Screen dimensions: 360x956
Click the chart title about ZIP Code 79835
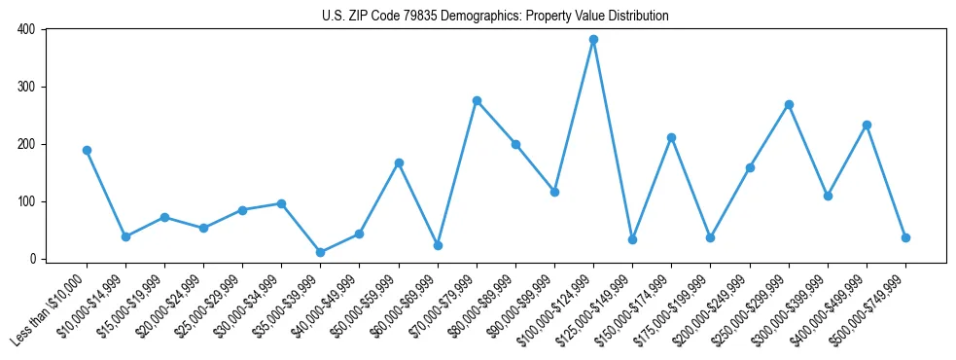click(495, 16)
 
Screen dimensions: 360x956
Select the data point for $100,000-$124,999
click(593, 40)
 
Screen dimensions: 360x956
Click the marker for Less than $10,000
click(87, 150)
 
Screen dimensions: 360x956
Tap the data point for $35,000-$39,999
click(320, 252)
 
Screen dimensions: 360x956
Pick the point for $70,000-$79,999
click(477, 100)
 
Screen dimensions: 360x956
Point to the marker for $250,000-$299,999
click(789, 104)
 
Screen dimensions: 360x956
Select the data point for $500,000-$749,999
click(905, 237)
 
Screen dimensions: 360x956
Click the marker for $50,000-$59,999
click(399, 162)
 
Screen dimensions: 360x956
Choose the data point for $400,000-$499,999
click(867, 125)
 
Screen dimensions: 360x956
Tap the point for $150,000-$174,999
click(671, 137)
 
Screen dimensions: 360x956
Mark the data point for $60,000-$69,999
click(438, 245)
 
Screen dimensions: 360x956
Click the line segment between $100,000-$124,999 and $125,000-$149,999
click(613, 139)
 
